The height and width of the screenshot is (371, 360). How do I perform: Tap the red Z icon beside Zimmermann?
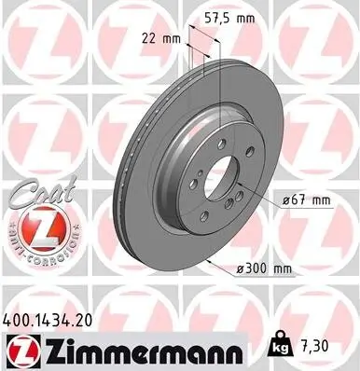click(19, 351)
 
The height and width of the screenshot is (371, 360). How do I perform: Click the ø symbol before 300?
click(238, 268)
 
